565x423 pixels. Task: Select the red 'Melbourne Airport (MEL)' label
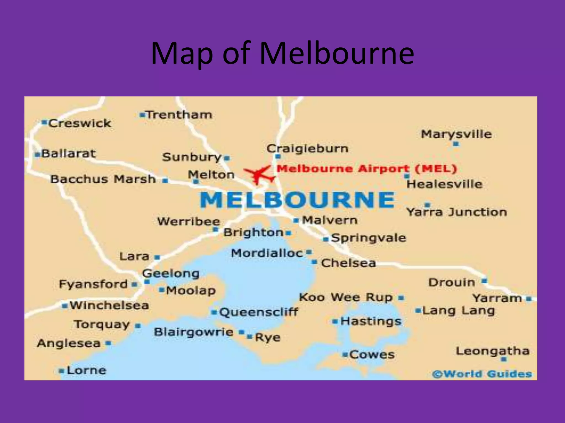coord(367,169)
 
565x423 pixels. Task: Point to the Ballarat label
coord(68,153)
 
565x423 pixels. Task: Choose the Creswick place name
coord(80,123)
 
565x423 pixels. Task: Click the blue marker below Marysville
coord(456,144)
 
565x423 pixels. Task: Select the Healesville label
coord(444,184)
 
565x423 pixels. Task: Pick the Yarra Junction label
coord(457,212)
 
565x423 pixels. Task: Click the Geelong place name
coord(171,273)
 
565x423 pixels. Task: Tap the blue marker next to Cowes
coord(345,354)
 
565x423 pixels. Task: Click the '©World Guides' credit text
coord(482,374)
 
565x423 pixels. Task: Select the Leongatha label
coord(492,351)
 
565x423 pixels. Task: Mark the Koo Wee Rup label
coord(346,297)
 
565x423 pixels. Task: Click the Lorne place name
coord(86,370)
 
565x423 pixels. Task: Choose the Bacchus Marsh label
coord(103,179)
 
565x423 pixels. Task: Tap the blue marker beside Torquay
coord(138,326)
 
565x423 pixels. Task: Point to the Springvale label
coord(369,238)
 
